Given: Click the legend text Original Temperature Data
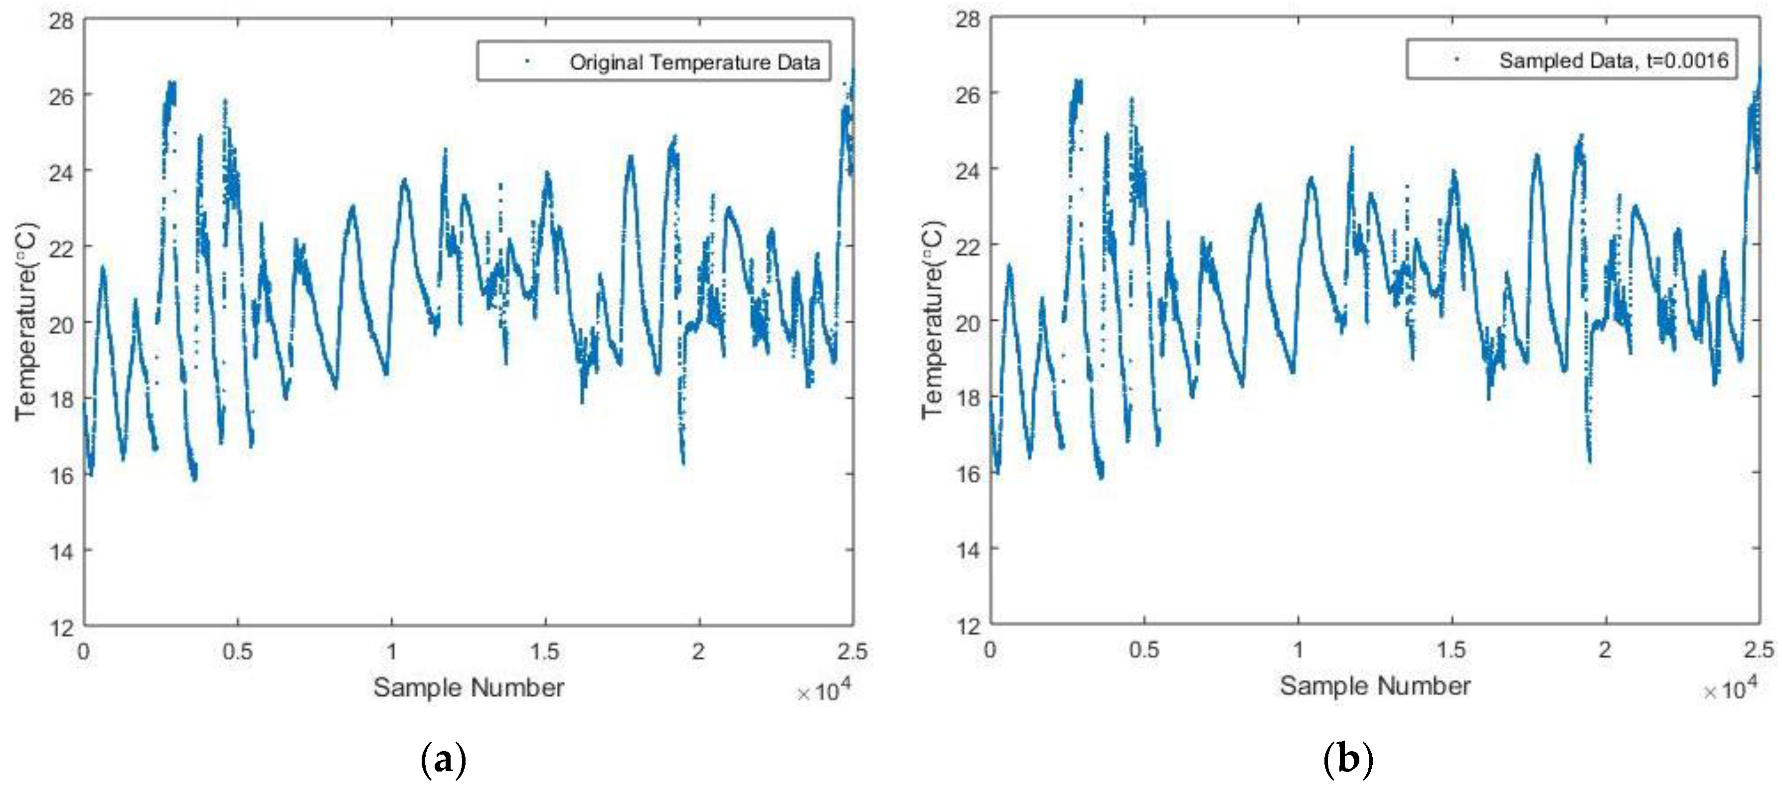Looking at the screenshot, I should pos(694,62).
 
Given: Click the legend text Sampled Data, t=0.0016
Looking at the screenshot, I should pos(1613,61).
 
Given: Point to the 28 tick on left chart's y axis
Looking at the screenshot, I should pos(61,21).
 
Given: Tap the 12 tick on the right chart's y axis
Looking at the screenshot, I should pos(968,625).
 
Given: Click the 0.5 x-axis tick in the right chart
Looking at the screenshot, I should pos(1143,650).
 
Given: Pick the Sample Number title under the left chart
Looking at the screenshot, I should pos(469,688).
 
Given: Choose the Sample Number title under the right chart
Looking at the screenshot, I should pos(1375,686).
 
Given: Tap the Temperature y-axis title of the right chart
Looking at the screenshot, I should pos(932,319).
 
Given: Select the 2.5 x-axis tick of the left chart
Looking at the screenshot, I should pos(852,651).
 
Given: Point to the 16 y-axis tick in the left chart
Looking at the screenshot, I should pos(61,475).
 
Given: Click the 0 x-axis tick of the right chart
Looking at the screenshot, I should pos(990,650).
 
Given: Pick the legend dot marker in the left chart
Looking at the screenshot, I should pos(528,61).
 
